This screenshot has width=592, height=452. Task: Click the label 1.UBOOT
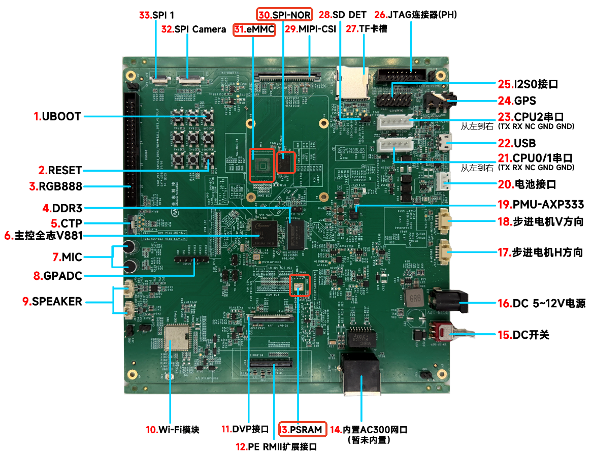point(57,116)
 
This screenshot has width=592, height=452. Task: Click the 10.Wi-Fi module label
point(172,430)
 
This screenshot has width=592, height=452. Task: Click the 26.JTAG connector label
point(415,15)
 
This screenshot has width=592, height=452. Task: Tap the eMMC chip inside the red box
point(261,165)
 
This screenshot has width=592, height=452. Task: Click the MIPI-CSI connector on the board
point(289,77)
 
